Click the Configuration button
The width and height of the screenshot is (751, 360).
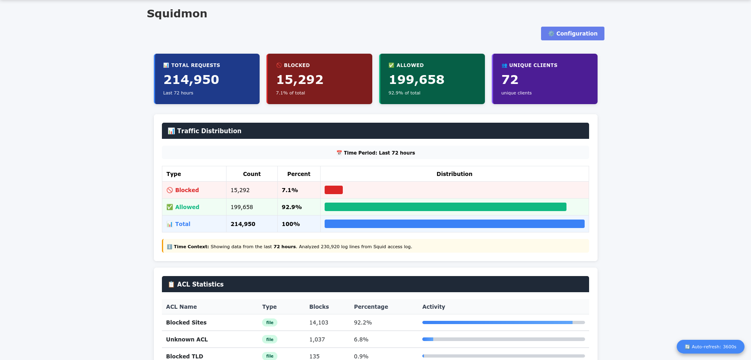pyautogui.click(x=573, y=33)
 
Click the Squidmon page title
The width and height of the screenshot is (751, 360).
pyautogui.click(x=177, y=14)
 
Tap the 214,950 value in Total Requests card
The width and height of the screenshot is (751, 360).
pyautogui.click(x=191, y=80)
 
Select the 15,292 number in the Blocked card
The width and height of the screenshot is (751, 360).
pyautogui.click(x=300, y=80)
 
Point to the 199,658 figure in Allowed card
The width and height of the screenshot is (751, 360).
pyautogui.click(x=416, y=80)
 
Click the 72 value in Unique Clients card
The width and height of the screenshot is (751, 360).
pyautogui.click(x=510, y=80)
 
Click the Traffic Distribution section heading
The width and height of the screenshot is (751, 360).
pyautogui.click(x=209, y=131)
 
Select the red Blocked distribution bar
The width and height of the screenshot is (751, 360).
pyautogui.click(x=334, y=190)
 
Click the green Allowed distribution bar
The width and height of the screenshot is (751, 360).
pyautogui.click(x=445, y=207)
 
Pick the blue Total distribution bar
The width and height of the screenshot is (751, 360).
pyautogui.click(x=455, y=224)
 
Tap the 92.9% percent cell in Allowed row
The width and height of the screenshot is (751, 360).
pyautogui.click(x=292, y=207)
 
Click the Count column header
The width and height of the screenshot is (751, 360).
pyautogui.click(x=252, y=174)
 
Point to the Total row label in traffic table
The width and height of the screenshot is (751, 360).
pyautogui.click(x=183, y=224)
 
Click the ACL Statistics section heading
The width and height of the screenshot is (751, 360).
pyautogui.click(x=200, y=284)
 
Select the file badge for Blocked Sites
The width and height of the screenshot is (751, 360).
pyautogui.click(x=270, y=322)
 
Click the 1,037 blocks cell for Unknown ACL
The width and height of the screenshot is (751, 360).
pyautogui.click(x=317, y=339)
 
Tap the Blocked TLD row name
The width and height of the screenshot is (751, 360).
pyautogui.click(x=185, y=356)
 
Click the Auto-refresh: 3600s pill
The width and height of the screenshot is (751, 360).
pyautogui.click(x=711, y=347)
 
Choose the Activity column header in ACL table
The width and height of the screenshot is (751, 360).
pyautogui.click(x=434, y=307)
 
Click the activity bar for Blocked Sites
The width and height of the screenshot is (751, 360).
pyautogui.click(x=503, y=322)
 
